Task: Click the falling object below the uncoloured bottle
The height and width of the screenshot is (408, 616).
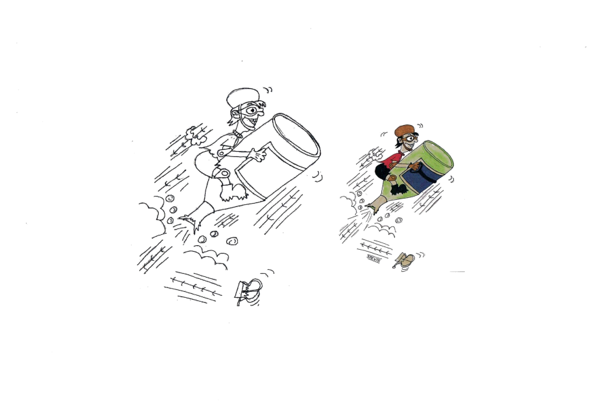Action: tap(248, 291)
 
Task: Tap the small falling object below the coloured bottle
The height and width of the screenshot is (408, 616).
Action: tap(405, 260)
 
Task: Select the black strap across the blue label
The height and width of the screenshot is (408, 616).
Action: tap(420, 171)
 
